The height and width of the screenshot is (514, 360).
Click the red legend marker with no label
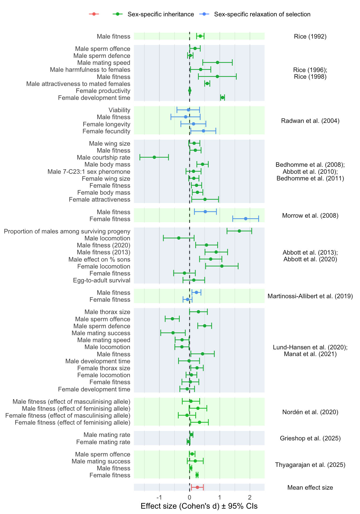tap(94, 14)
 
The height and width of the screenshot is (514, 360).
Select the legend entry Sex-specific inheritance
tap(160, 14)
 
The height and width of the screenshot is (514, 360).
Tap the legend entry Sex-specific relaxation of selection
tap(262, 14)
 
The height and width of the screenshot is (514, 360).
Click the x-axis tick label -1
tap(159, 497)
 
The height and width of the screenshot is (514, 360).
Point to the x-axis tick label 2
tap(250, 497)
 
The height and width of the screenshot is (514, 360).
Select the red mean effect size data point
tap(197, 487)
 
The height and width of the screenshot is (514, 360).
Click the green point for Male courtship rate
tap(154, 157)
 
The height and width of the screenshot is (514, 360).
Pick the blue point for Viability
tap(188, 110)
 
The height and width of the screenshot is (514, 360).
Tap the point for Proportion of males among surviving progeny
tap(239, 231)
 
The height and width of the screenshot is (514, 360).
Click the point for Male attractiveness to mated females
tap(207, 84)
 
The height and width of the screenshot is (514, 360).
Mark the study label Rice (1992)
tap(310, 36)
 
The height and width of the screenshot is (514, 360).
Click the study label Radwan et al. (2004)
tap(310, 121)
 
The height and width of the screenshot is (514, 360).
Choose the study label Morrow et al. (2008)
tap(310, 216)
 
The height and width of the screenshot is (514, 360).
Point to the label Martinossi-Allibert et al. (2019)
tap(310, 296)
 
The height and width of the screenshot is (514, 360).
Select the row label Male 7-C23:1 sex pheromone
tap(89, 172)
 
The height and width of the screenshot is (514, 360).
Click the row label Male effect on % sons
tap(99, 259)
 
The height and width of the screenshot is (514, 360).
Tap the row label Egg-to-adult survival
tap(102, 280)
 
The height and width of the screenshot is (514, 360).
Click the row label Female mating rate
tap(103, 442)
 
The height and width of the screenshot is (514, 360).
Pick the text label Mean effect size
tap(310, 487)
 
